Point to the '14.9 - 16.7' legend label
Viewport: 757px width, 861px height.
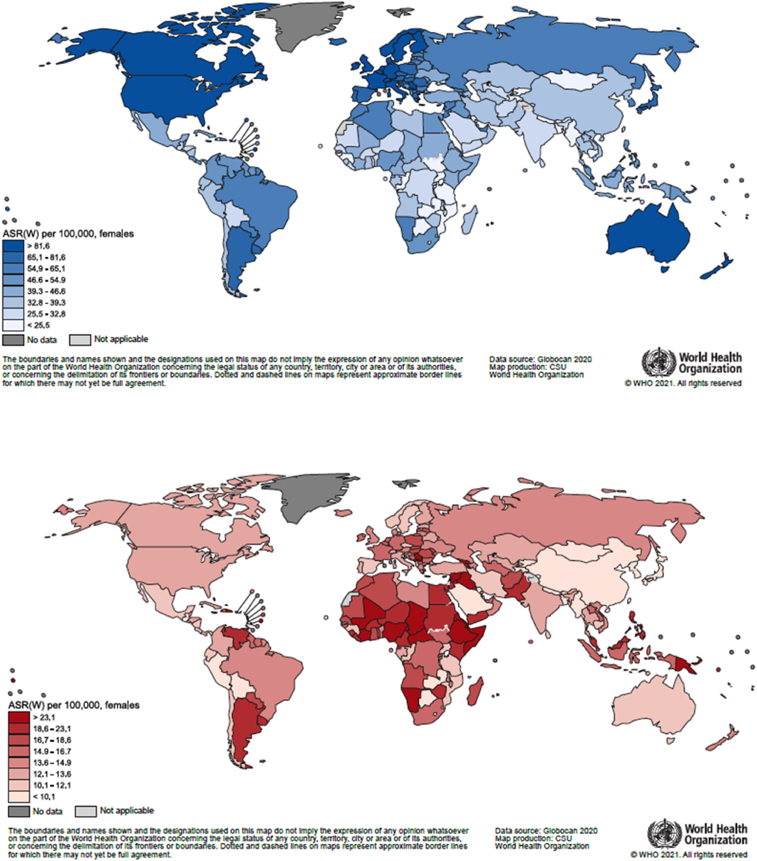pos(52,751)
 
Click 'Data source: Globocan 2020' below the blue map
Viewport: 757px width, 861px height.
pos(540,359)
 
